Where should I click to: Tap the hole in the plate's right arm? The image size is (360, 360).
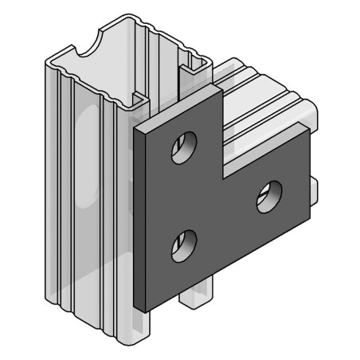(x=269, y=196)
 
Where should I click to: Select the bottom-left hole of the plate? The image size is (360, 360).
(x=185, y=245)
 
